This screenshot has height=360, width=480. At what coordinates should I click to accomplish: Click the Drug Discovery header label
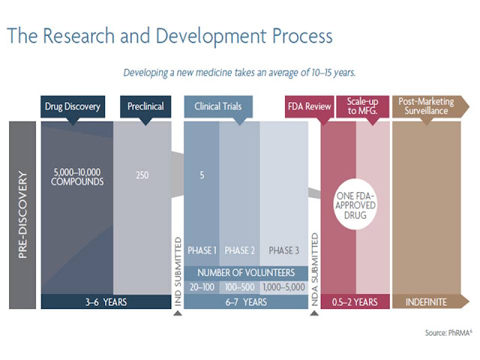(73, 106)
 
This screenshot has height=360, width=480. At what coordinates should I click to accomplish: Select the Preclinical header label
(145, 106)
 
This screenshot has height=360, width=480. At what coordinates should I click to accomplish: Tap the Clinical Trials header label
(218, 106)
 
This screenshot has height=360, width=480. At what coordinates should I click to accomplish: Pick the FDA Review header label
(309, 106)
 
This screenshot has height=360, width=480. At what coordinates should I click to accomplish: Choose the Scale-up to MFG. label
(362, 106)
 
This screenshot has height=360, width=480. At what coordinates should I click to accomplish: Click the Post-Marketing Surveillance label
(427, 106)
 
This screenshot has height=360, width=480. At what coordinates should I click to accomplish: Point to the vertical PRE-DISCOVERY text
(22, 215)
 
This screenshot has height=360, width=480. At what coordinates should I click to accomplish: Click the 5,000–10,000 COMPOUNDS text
(77, 177)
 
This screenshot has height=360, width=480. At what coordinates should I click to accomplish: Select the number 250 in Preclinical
(142, 175)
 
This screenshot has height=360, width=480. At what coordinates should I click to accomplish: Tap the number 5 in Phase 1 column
(202, 175)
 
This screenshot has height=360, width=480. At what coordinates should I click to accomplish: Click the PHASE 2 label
(240, 250)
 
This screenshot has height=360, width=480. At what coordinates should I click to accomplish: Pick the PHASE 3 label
(283, 250)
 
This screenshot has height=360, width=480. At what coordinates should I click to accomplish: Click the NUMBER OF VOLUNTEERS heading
(246, 273)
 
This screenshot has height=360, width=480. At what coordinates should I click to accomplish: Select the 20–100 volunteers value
(202, 287)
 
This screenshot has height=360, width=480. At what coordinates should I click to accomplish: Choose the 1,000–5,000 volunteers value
(283, 287)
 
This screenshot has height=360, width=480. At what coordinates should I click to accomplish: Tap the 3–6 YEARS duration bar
(106, 301)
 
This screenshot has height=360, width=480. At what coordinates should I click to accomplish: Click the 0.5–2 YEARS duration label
(355, 302)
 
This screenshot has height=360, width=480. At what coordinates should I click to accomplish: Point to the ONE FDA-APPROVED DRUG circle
(355, 205)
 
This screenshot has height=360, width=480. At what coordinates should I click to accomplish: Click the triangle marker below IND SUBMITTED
(178, 313)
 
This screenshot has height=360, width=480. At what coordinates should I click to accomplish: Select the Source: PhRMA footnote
(448, 333)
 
